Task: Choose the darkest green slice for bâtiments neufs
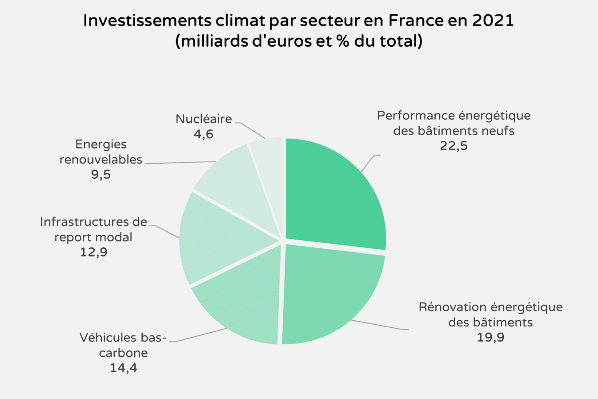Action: pos(333,196)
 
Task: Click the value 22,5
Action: pos(454,146)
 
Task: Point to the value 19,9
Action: pos(490,338)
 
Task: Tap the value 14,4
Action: pos(123,368)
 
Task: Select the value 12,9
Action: pos(93,253)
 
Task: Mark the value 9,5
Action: pos(101,175)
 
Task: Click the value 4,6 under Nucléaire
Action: pos(204,134)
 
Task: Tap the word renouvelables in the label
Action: pos(101,160)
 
